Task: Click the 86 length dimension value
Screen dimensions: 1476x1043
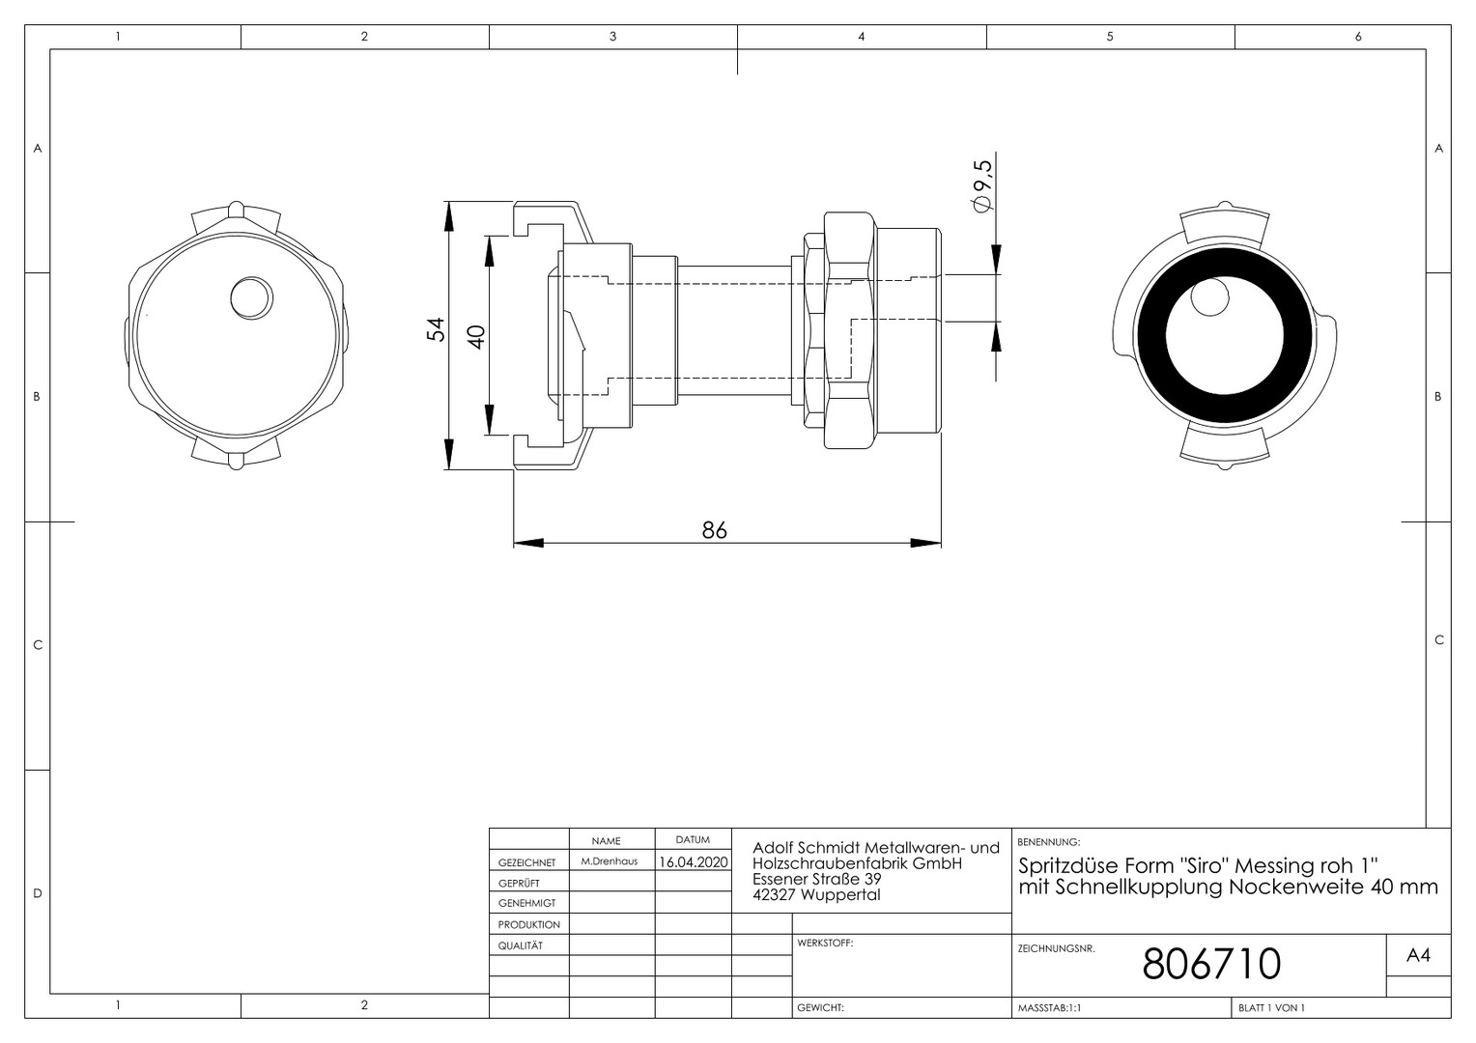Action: tap(714, 530)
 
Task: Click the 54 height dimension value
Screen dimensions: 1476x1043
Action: tap(437, 329)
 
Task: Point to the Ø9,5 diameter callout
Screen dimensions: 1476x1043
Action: tap(981, 186)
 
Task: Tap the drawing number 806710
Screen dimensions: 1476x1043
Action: tap(1211, 963)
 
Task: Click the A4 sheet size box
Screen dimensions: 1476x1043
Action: tap(1418, 955)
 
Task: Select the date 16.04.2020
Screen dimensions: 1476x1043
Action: tap(694, 861)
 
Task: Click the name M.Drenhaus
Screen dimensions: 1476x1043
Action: tap(610, 861)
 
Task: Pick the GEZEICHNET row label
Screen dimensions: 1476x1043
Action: tap(527, 862)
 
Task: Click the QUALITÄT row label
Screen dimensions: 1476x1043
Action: tap(521, 945)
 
